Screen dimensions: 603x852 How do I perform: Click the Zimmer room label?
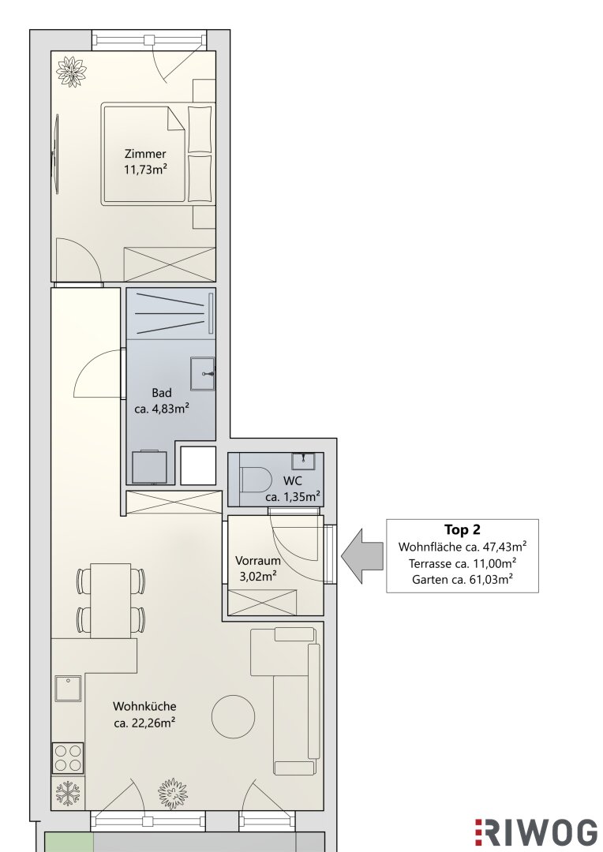pyautogui.click(x=145, y=162)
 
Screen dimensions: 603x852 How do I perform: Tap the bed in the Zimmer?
pyautogui.click(x=156, y=154)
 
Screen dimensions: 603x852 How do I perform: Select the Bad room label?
pyautogui.click(x=162, y=401)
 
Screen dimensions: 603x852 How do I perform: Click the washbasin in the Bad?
pyautogui.click(x=202, y=373)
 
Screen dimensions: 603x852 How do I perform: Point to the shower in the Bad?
pyautogui.click(x=170, y=313)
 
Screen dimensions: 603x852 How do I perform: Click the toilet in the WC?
pyautogui.click(x=256, y=479)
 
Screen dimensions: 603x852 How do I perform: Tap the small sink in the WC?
pyautogui.click(x=303, y=461)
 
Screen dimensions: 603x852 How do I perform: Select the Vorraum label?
pyautogui.click(x=258, y=568)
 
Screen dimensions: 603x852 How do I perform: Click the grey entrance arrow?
pyautogui.click(x=361, y=556)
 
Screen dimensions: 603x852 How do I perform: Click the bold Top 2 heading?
pyautogui.click(x=463, y=529)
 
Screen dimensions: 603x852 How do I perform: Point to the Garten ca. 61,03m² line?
pyautogui.click(x=463, y=579)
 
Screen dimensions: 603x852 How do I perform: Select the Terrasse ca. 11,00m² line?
pyautogui.click(x=463, y=563)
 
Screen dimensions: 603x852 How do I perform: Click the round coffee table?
pyautogui.click(x=234, y=716)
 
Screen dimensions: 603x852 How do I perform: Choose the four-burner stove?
pyautogui.click(x=68, y=758)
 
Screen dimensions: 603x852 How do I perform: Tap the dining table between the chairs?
pyautogui.click(x=111, y=600)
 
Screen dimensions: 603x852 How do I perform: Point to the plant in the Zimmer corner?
pyautogui.click(x=72, y=70)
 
